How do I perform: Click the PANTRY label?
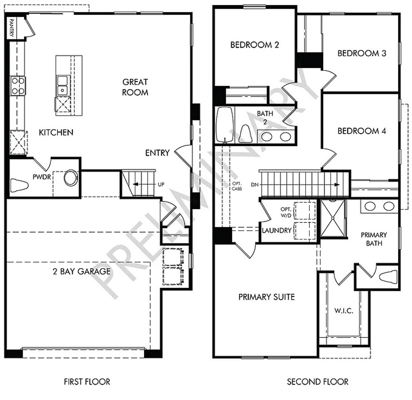[12, 27]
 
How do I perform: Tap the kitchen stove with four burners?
[18, 86]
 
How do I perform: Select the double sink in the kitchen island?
[63, 86]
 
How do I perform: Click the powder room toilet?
[19, 185]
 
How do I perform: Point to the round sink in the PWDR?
[71, 178]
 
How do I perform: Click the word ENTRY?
[157, 153]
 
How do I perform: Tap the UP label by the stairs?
[161, 184]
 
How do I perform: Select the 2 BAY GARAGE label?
[82, 271]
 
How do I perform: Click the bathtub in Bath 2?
[225, 124]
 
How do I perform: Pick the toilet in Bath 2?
[246, 134]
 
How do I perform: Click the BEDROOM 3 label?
[362, 53]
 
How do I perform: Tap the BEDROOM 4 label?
[362, 131]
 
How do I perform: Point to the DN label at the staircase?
[255, 185]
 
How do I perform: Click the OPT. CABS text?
[237, 186]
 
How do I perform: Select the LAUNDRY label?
[277, 230]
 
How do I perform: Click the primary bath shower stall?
[333, 218]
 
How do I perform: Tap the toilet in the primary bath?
[388, 277]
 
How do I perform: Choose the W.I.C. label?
[344, 311]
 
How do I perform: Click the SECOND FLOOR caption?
[318, 381]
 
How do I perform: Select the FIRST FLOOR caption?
[87, 381]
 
